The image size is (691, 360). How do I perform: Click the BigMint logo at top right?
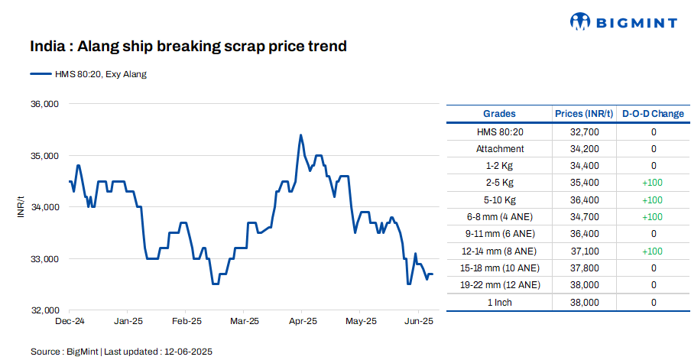point(624,21)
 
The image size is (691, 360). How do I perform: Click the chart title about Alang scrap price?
point(188,47)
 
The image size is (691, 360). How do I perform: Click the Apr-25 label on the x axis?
point(303,321)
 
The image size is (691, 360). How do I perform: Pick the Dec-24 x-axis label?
point(70,321)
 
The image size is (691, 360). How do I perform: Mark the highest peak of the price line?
point(300,135)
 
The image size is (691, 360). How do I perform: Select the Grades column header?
point(499,114)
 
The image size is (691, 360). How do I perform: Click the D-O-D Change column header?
point(653,114)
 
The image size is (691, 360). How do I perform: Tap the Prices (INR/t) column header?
point(584,114)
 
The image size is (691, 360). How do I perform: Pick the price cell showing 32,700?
point(584,131)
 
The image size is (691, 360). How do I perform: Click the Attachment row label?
point(499,149)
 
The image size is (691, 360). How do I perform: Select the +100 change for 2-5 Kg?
point(653,183)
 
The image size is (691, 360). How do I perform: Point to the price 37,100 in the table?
point(584,251)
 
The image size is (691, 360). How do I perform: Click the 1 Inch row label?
point(499,302)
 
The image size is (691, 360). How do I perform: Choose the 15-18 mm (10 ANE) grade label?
point(499,268)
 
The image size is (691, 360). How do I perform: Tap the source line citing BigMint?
point(122,352)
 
